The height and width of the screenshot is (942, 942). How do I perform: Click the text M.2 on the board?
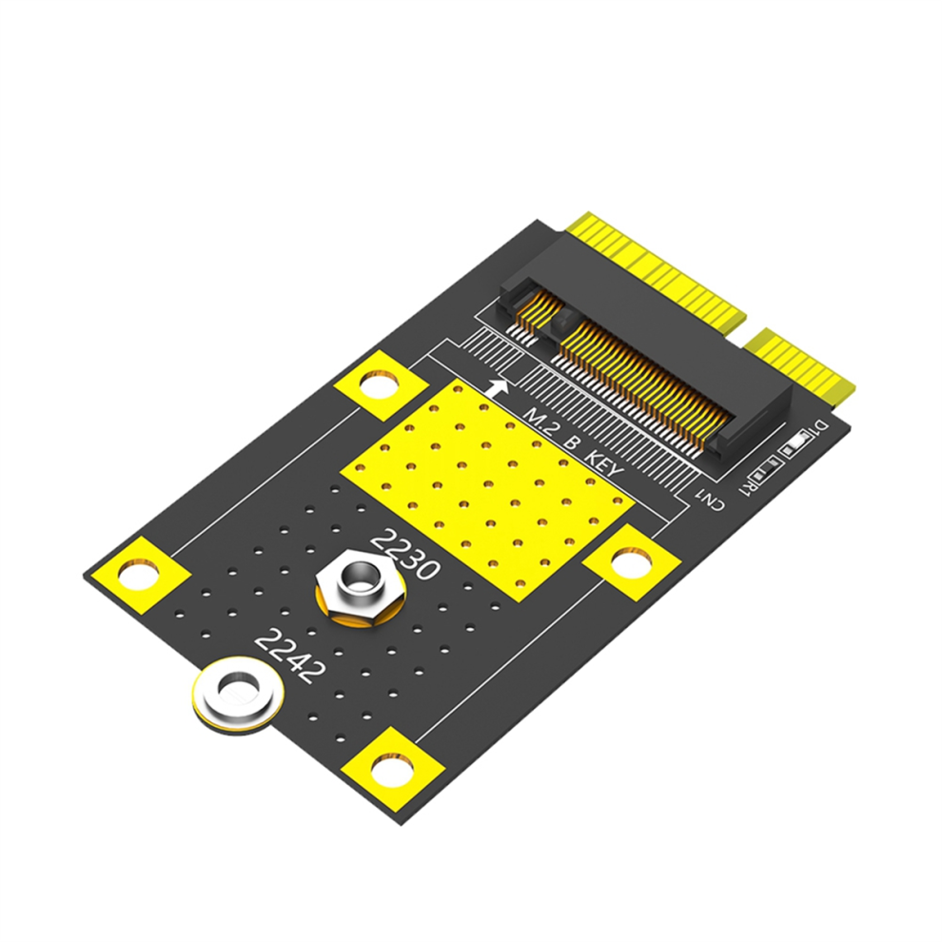pyautogui.click(x=538, y=420)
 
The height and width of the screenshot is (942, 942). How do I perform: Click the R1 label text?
pyautogui.click(x=746, y=486)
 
